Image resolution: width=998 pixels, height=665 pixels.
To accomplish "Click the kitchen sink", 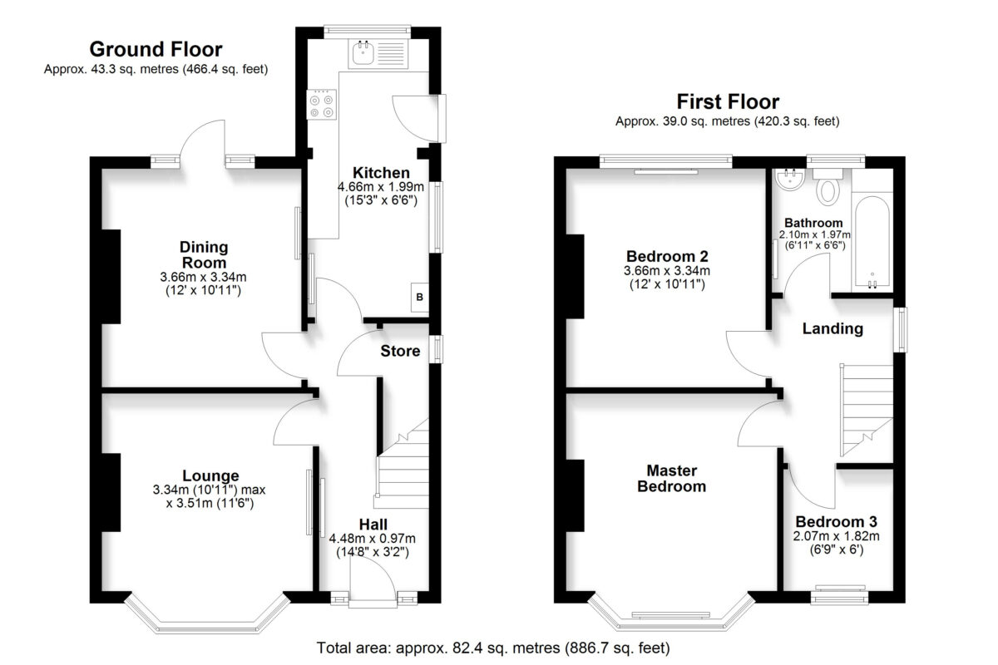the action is click(378, 54).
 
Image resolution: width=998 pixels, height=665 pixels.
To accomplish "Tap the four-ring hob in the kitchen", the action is click(321, 104).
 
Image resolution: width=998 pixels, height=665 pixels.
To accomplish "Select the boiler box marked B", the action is click(420, 297).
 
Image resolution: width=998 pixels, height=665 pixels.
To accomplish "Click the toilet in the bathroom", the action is click(828, 187).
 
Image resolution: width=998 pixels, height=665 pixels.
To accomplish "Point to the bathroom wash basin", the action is click(790, 180).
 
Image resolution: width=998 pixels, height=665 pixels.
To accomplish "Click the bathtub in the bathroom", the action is click(872, 242).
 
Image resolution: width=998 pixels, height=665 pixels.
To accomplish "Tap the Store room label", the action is click(400, 351).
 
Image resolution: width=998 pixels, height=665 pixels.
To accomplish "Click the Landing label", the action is click(832, 328).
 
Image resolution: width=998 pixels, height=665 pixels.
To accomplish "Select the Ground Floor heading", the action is click(156, 49).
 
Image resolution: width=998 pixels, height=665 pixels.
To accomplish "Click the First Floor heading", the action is click(728, 102).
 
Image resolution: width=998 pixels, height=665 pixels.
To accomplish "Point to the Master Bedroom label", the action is click(672, 478).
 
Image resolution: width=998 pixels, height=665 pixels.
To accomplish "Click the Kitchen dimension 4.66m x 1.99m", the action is click(381, 186).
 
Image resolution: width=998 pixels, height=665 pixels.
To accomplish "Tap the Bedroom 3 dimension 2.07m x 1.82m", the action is click(837, 536).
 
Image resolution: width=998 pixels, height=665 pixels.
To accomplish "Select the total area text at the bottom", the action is click(493, 648).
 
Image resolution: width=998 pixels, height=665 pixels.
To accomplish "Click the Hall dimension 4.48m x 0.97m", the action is click(373, 539).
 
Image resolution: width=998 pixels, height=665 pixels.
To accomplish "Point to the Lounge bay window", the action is click(207, 617).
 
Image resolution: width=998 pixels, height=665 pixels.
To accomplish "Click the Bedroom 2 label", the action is click(667, 257).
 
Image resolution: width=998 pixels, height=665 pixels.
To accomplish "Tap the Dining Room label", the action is click(204, 254).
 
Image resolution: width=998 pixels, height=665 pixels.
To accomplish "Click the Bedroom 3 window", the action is click(839, 595).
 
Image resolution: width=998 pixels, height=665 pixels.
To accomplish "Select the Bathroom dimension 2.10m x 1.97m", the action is click(814, 234).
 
